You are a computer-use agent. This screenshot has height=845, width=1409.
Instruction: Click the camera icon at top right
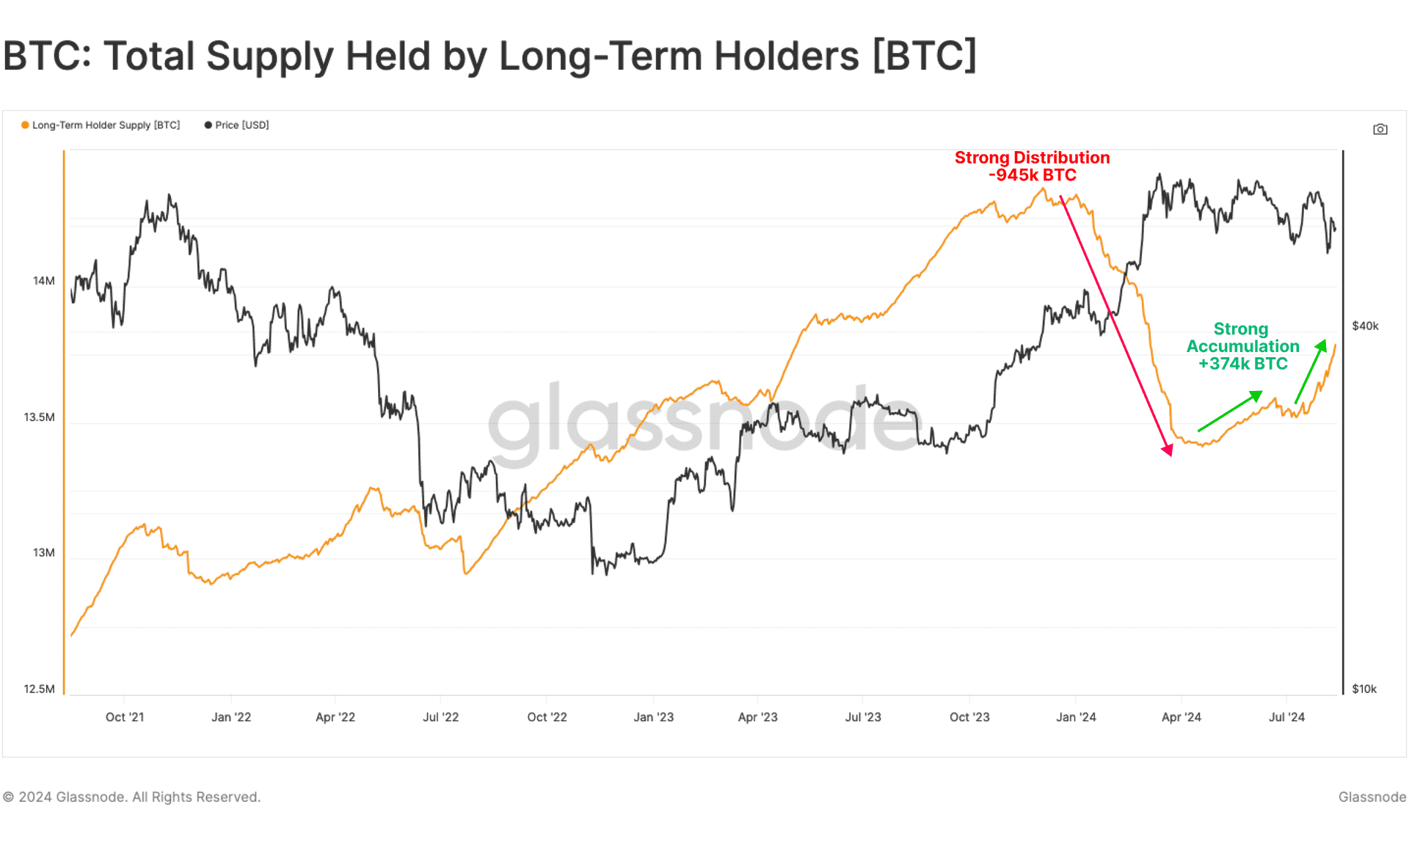tap(1380, 129)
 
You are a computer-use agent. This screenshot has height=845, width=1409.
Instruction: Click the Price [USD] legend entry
tap(237, 125)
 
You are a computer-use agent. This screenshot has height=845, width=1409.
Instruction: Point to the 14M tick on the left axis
tap(43, 281)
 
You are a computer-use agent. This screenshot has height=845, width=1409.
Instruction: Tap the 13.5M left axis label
tap(39, 417)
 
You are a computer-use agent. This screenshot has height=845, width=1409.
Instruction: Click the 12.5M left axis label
tap(39, 689)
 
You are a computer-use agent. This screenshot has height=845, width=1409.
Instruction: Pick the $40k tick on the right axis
tap(1365, 326)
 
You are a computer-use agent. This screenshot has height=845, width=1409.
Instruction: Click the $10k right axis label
tap(1364, 689)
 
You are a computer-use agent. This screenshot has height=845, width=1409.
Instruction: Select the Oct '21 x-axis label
tap(125, 717)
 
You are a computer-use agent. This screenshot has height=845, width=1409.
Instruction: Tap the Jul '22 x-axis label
tap(440, 717)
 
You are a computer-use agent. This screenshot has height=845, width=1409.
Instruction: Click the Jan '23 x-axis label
tap(653, 717)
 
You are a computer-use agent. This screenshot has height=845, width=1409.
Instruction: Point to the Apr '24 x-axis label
tap(1181, 717)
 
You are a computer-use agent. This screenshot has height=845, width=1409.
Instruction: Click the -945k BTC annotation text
tap(1032, 175)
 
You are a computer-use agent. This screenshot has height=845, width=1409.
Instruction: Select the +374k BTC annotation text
tap(1242, 364)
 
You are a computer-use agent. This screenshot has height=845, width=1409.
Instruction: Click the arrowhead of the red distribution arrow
tap(1168, 450)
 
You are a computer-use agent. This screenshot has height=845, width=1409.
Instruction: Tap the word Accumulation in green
tap(1242, 346)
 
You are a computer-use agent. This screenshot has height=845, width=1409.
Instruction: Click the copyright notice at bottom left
tap(132, 797)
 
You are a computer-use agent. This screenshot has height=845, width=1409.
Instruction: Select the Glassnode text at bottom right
tap(1372, 797)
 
